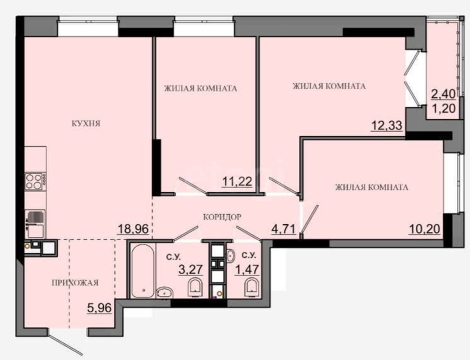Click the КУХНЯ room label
pos(86,123)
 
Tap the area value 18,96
pos(133,229)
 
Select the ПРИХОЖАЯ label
pos(75,283)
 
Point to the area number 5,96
pos(99,308)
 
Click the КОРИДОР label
pos(222,217)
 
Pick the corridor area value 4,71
pos(284,230)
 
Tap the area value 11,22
pos(237,181)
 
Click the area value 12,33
pos(387,125)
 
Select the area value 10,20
pos(425,229)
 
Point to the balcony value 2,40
pos(444,94)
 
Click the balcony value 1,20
pos(444,108)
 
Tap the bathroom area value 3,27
pos(191,269)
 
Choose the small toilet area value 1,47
pos(247,269)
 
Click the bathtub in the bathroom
pos(142,271)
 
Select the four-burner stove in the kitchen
pos(35,181)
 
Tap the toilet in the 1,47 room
pos(251,287)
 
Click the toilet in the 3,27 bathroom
pos(195,287)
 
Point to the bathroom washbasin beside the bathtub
pos(164,292)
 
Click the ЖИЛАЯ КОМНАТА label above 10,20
pos(372,188)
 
